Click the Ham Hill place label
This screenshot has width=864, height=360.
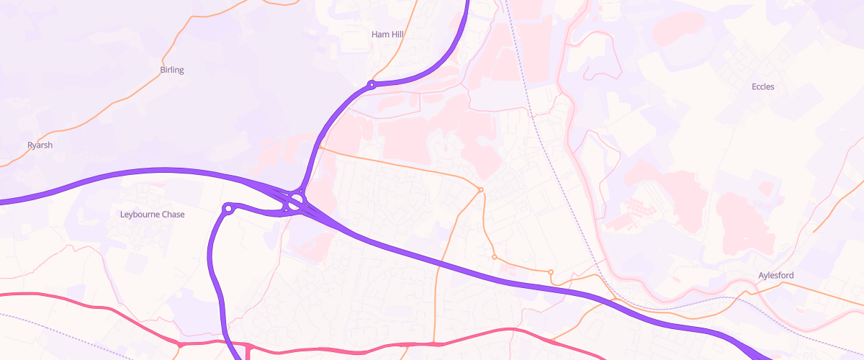388,34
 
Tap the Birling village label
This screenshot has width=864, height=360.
172,70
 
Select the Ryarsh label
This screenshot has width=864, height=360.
40,145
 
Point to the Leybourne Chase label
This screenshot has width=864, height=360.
152,215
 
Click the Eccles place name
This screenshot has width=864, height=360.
762,86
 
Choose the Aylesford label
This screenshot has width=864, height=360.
775,276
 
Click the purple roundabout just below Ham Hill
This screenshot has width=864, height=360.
372,85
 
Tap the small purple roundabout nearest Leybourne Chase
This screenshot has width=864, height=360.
228,210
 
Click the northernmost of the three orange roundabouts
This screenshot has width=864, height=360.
480,189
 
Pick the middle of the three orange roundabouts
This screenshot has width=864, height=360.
494,257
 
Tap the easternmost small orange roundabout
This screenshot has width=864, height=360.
551,271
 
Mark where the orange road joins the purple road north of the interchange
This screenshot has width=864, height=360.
318,147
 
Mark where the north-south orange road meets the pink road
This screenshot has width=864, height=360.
434,343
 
